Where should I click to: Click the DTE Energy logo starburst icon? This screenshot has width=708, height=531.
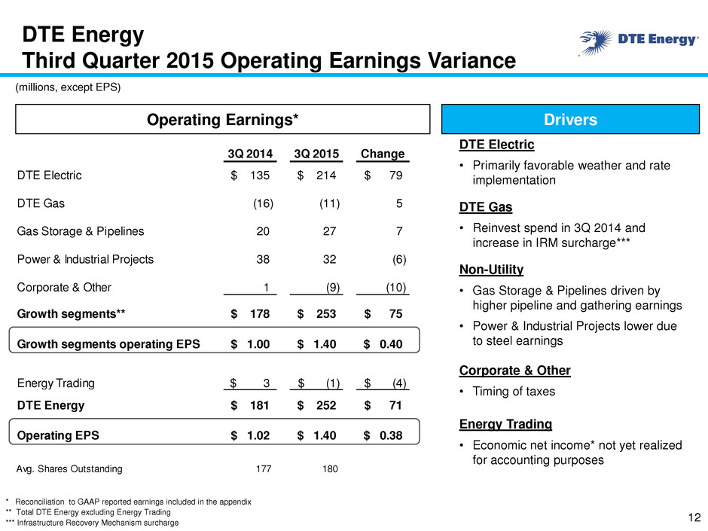[596, 42]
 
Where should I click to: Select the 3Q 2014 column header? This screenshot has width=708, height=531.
[250, 154]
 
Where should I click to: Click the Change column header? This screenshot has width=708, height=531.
[383, 154]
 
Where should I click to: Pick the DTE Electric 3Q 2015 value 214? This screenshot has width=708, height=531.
[326, 175]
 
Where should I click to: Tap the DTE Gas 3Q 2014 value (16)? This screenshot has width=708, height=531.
[263, 203]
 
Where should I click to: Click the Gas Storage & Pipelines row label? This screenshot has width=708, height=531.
[81, 231]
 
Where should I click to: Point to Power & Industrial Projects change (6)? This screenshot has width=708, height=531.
[399, 260]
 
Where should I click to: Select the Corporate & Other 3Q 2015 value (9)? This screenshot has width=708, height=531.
[333, 288]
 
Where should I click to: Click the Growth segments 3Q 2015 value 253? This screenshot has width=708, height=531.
[326, 314]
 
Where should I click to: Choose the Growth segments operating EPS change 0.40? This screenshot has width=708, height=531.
[391, 344]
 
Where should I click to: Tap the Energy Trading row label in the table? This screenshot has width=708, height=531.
[56, 383]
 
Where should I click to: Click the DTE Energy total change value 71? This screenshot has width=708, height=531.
[395, 405]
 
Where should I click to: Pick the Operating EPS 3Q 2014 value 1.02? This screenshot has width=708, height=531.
[258, 435]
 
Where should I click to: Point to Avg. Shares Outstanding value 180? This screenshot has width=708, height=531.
[330, 469]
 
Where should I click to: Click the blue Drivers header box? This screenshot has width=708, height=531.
[570, 119]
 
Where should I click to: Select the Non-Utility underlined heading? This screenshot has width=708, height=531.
[491, 270]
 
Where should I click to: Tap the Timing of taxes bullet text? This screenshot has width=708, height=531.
[514, 392]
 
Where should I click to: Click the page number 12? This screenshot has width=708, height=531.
[694, 517]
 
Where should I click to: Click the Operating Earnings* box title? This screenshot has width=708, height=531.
[223, 120]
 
